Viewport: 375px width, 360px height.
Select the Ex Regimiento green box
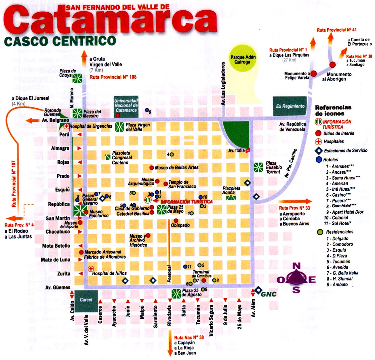290,106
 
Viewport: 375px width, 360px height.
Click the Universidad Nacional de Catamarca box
126,105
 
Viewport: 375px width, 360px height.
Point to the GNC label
269,294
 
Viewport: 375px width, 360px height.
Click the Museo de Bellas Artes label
177,168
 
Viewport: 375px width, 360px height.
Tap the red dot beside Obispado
176,221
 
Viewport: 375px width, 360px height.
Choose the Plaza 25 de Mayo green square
162,210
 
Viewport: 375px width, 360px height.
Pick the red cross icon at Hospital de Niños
91,268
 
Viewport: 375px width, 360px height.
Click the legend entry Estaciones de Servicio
346,150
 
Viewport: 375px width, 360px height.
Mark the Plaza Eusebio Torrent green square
258,167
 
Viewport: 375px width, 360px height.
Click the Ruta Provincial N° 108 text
113,77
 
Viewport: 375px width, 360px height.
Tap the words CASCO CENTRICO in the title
60,41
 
